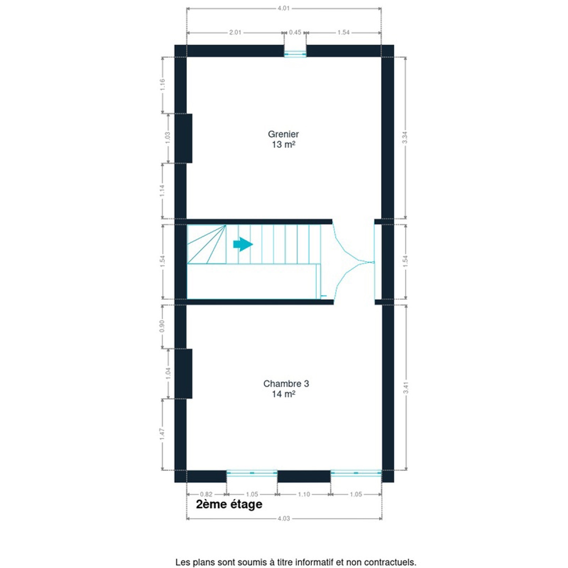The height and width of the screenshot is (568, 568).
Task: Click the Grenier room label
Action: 283,134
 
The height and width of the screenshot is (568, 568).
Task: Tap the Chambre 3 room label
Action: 286,383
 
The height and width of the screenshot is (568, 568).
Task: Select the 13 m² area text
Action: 283,145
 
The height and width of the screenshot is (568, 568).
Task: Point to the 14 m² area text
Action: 283,394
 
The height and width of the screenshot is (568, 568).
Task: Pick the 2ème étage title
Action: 229,504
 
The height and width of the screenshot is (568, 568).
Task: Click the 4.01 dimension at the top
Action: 284,8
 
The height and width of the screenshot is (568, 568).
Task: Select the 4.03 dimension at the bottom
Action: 284,518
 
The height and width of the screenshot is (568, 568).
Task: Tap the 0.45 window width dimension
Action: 295,32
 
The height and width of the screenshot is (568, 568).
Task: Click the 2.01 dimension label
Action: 235,32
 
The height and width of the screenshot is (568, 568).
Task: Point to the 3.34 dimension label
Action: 405,137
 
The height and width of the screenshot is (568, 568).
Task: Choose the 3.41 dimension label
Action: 405,387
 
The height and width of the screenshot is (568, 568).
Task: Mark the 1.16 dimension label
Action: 162,85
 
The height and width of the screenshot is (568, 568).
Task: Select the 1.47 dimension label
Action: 162,434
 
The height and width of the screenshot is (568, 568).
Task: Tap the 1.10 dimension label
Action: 304,494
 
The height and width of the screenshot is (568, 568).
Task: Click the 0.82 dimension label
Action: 206,494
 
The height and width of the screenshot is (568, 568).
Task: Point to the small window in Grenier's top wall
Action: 295,51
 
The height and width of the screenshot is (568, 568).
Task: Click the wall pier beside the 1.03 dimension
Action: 183,138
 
